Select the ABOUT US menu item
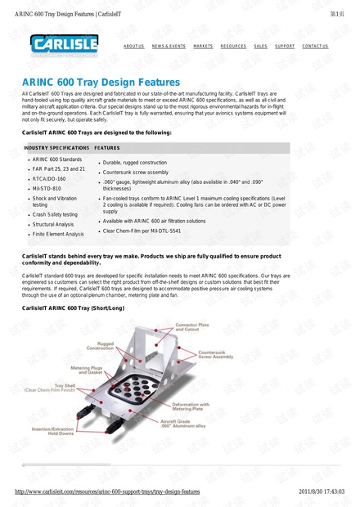coord(133,47)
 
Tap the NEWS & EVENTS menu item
coord(169,47)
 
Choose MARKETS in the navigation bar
coord(203,47)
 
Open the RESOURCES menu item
coord(233,47)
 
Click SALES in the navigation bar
coord(260,47)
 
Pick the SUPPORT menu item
coord(285,47)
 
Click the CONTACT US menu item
coord(315,47)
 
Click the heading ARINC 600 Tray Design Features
coord(101,83)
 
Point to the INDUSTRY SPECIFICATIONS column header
coord(56,148)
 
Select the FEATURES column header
coord(107,148)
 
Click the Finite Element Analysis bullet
coord(58,234)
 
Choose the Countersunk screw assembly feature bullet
coord(136,173)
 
